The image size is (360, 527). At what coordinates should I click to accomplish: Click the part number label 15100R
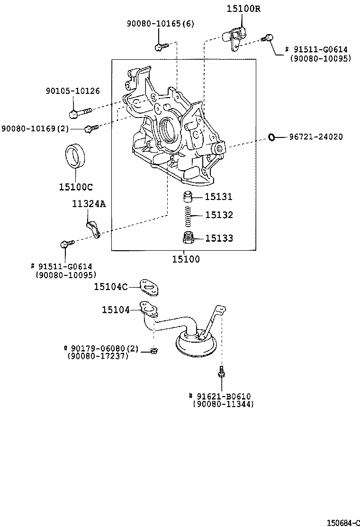tap(243, 9)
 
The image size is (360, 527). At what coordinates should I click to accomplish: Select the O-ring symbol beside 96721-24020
tap(272, 137)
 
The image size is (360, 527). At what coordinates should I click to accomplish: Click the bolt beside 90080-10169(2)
tap(90, 127)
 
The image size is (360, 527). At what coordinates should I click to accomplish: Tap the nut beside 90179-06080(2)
tap(153, 350)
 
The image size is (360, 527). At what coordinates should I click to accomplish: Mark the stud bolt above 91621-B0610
tap(221, 373)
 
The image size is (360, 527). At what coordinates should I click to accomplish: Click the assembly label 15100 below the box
tap(186, 259)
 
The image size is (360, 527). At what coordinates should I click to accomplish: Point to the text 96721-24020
tap(316, 137)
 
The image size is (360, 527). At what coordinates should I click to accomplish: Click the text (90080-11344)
tap(223, 404)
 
